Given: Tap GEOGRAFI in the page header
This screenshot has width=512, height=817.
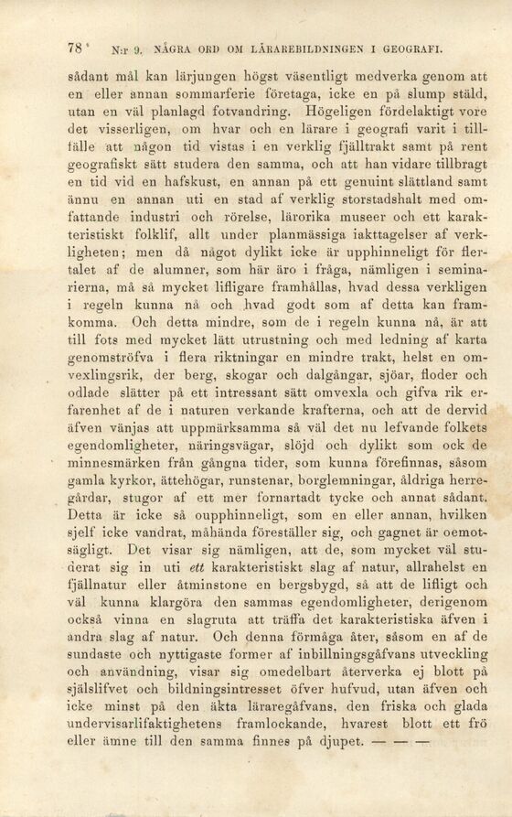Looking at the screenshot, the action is coord(415,48).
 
